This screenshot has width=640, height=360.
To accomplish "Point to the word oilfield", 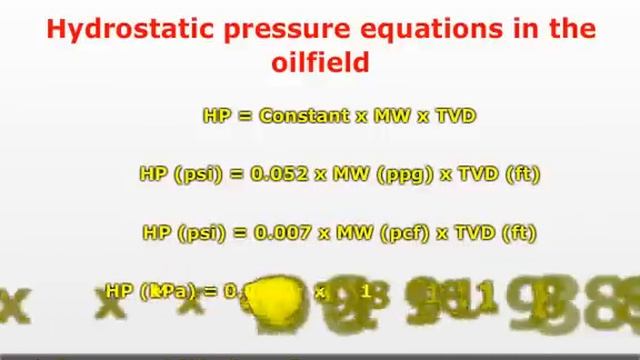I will (x=320, y=62).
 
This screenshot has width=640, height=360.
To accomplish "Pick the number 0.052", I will (x=279, y=174).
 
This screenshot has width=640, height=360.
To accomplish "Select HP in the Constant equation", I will (x=216, y=116).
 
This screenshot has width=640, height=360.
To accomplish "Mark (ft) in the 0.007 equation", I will (x=519, y=233).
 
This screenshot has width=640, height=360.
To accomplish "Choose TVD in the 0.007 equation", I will (x=477, y=233).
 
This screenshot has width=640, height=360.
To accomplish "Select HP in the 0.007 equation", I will (x=157, y=233).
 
